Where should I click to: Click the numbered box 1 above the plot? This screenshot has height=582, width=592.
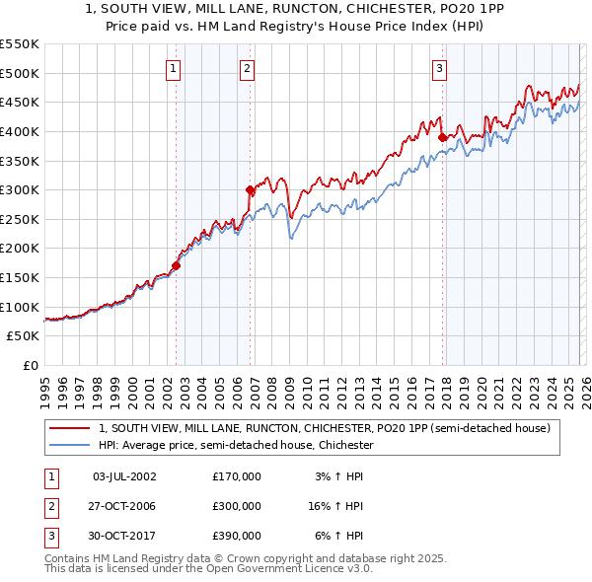174,68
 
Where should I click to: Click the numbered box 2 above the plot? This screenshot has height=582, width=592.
246,68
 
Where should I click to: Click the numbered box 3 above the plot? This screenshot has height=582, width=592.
439,68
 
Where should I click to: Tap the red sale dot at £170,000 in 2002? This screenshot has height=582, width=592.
177,265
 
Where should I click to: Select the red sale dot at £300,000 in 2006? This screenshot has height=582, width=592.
250,189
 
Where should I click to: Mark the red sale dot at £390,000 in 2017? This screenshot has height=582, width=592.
442,137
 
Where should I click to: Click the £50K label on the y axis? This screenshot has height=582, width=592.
24,336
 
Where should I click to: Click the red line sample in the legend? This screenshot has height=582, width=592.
69,428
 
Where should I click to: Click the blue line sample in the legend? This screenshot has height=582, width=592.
69,445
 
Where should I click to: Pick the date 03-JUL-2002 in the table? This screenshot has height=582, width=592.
123,476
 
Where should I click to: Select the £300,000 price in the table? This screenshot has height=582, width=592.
236,506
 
